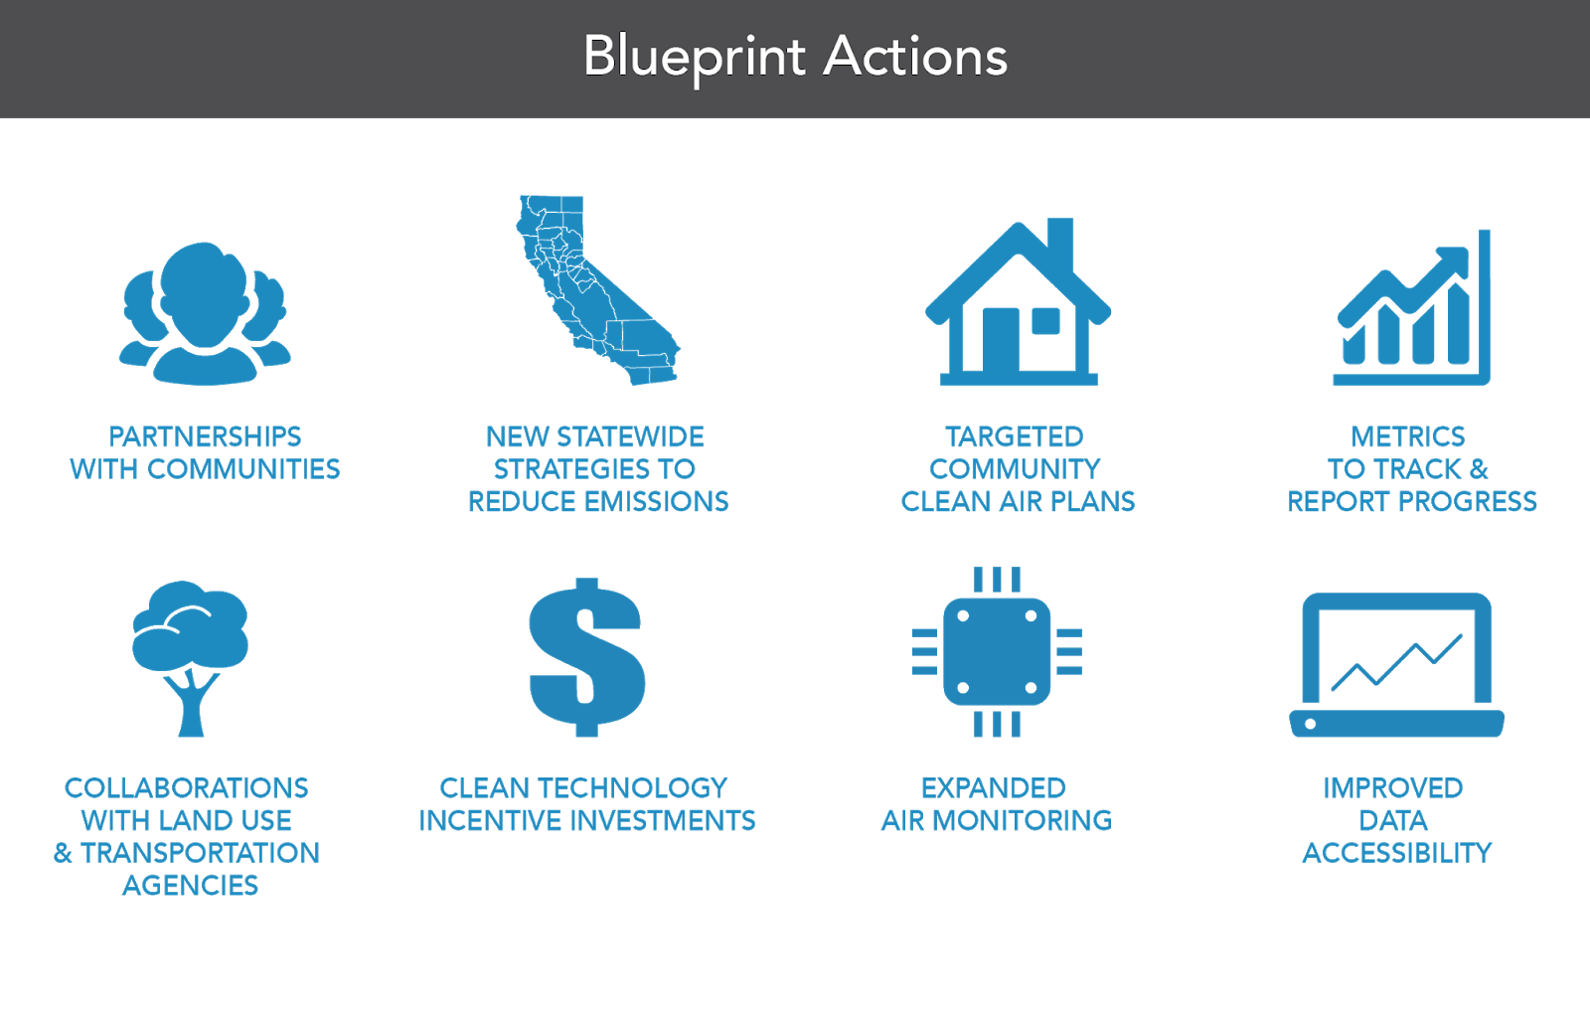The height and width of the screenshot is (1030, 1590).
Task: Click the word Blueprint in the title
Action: pos(694,57)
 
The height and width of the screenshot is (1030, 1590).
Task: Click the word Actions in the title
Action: pos(915,57)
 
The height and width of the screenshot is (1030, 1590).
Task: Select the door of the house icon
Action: pos(1001,340)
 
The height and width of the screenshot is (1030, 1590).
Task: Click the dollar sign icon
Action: pos(586,657)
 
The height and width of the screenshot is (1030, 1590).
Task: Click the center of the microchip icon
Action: pos(997,652)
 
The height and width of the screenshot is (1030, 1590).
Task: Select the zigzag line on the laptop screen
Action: pos(1396,662)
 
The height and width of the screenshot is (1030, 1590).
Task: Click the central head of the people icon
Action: pos(204,288)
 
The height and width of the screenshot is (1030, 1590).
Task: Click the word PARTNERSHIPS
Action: pos(205,436)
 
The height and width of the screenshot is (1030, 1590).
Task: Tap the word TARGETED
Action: pos(1014,436)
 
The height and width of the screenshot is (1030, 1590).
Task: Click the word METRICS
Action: pos(1408,436)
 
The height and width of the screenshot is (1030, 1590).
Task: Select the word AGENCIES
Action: pos(190,886)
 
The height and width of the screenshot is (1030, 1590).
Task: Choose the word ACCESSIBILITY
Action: pos(1396,853)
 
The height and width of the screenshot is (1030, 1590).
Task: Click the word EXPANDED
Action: pos(993,788)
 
